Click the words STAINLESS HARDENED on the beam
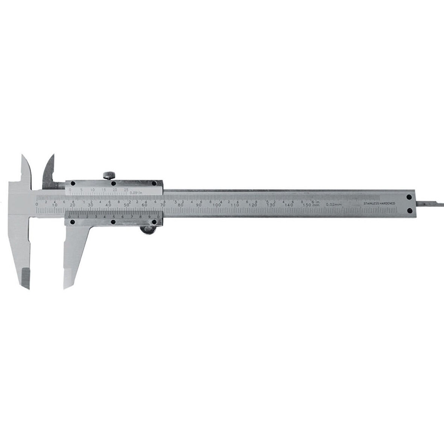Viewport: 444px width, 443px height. click(379, 204)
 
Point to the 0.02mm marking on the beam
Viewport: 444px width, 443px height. click(333, 204)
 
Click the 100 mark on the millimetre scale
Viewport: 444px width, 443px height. click(217, 205)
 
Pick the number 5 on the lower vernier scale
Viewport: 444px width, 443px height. click(114, 216)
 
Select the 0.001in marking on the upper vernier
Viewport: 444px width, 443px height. click(135, 193)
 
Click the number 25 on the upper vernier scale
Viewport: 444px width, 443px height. click(126, 190)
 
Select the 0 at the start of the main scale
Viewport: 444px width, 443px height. click(36, 204)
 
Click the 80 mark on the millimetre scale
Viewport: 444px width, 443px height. click(181, 205)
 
